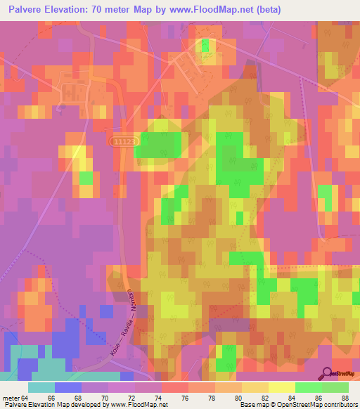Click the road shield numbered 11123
point(125,141)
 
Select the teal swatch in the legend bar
point(41,388)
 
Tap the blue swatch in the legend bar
point(68,388)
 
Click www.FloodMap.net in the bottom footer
point(138,405)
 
